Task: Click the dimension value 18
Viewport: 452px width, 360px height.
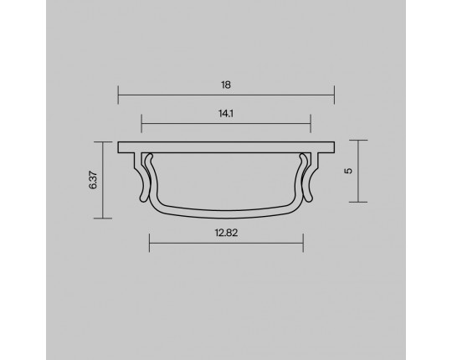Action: pos(226,85)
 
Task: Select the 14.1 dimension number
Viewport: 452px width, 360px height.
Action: pos(226,114)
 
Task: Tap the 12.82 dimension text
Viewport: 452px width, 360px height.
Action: pos(226,233)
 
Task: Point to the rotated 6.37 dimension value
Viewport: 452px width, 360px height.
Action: pos(94,180)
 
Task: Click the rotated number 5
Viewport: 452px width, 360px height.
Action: pos(348,171)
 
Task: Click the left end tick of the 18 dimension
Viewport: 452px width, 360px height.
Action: pos(118,95)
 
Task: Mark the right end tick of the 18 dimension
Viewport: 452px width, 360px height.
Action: pos(334,95)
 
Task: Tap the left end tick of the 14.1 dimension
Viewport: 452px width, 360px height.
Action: pos(141,123)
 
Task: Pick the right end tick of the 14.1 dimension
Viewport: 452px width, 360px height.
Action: pos(311,123)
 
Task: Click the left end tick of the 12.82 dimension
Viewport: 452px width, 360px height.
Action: pos(149,243)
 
